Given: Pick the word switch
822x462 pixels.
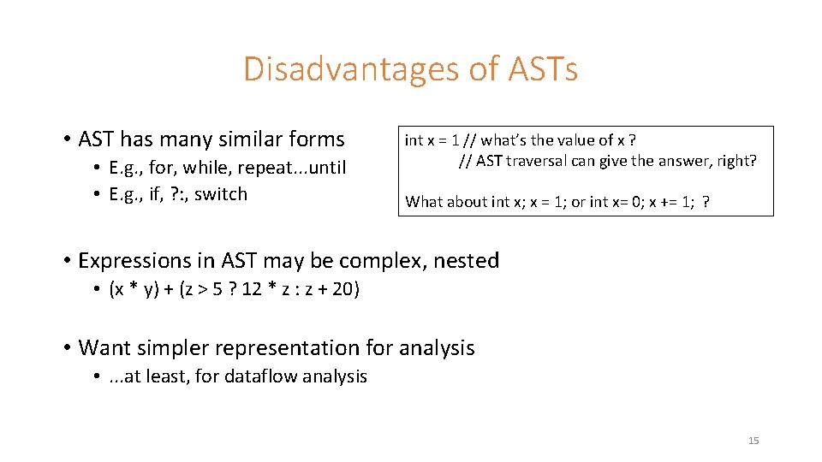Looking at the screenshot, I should click(x=220, y=194).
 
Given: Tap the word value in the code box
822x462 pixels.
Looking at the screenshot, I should click(x=579, y=140).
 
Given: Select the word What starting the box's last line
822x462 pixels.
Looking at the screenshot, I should click(x=425, y=202).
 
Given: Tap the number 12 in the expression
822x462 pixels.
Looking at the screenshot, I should click(x=252, y=289).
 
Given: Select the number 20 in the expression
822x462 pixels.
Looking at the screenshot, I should click(x=342, y=289).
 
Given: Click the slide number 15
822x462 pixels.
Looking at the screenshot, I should click(x=753, y=441).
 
